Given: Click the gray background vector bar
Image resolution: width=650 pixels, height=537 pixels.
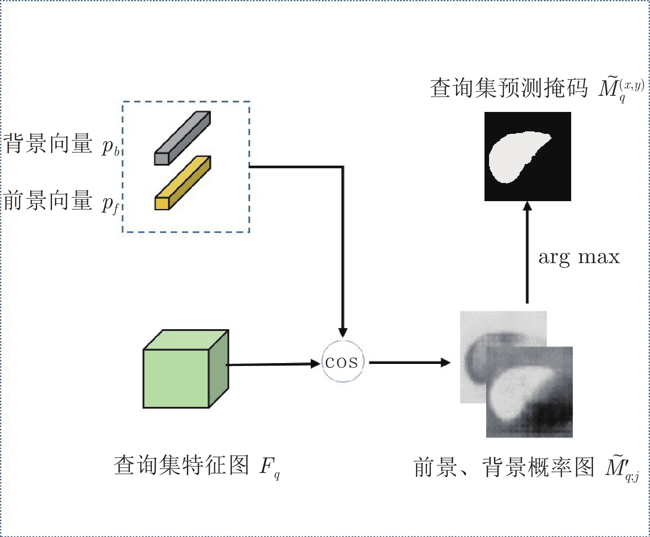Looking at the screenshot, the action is coord(182,138).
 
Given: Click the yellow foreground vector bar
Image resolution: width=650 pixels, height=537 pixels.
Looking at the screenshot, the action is coord(183,183).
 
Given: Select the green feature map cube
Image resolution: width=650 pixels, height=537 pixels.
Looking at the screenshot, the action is coord(186,369).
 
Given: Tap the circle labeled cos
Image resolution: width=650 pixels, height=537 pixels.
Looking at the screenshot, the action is coord(343,361).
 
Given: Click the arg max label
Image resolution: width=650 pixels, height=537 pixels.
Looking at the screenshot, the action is coord(579,257).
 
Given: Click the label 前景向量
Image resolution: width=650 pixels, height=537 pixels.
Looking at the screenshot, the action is coord(48,200).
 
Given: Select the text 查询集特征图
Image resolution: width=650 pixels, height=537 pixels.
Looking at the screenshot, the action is coord(181,465).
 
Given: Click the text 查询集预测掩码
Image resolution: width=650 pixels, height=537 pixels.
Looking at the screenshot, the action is coord(509,88).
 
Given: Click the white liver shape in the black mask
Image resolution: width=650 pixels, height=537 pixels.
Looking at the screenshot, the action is coord(517,156).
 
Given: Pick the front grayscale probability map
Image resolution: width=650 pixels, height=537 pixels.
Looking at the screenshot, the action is coord(529,392).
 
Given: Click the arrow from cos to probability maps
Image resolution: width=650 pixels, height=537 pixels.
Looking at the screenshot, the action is coord(410,362).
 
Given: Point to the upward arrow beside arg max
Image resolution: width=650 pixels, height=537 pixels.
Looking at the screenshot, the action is coord(527,252).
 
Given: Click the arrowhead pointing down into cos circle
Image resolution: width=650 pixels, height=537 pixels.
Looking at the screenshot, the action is coord(343,332).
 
